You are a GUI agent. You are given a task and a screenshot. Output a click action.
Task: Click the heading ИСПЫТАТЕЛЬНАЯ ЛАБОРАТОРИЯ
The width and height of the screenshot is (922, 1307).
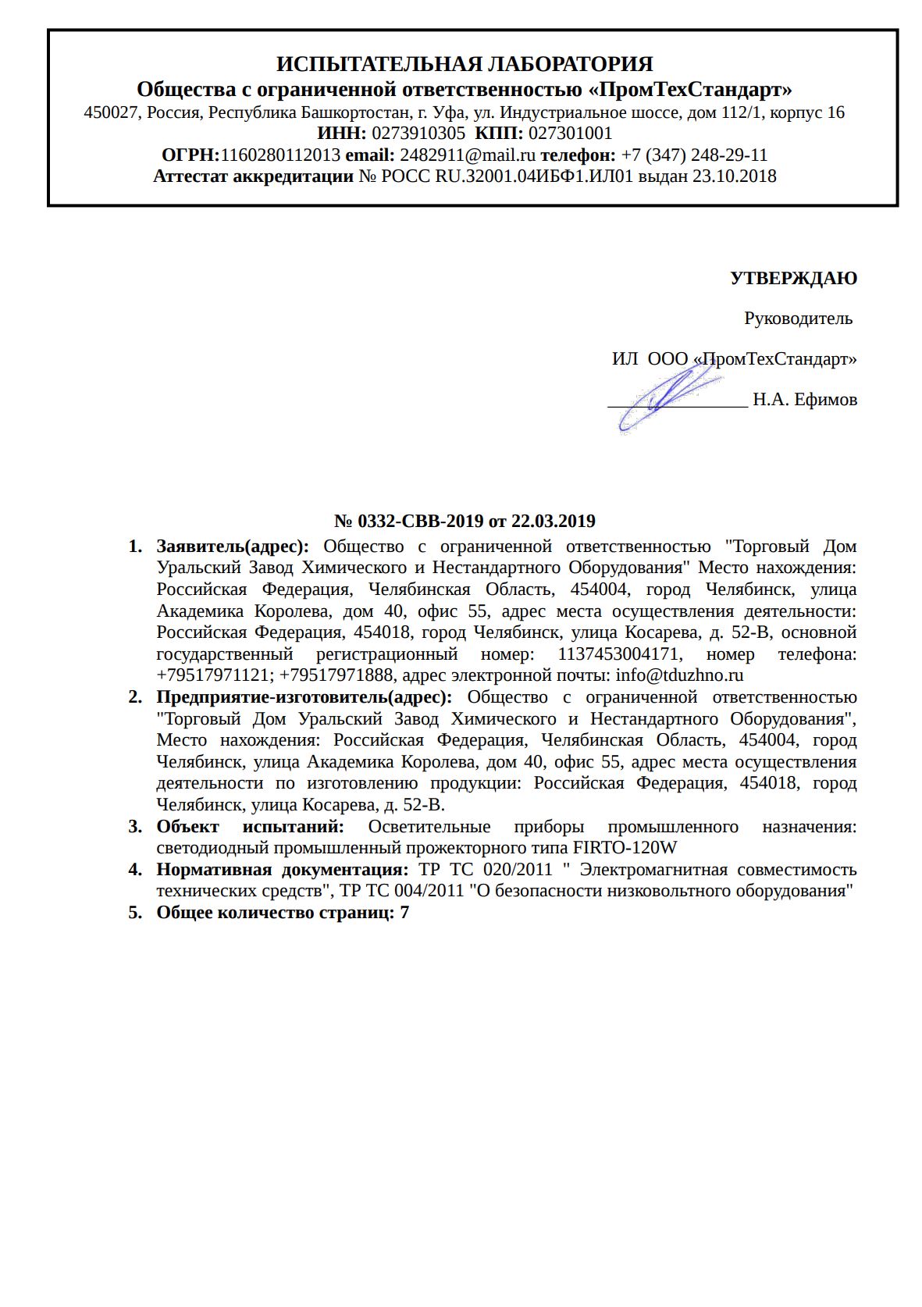coord(465,63)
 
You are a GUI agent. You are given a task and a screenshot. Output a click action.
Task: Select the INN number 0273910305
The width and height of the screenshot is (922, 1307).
coord(418,134)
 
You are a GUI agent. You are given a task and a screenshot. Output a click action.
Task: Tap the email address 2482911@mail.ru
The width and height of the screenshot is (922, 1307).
coord(468,155)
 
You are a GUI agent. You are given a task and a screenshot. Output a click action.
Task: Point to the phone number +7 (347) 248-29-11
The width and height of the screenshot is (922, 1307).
coord(694,155)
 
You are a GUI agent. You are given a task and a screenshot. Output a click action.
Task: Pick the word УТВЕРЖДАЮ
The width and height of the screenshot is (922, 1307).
coord(793,278)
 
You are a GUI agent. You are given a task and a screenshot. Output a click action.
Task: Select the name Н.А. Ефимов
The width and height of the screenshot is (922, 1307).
coord(804,400)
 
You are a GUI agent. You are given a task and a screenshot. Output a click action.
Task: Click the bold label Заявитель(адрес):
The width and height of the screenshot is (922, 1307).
coord(233,547)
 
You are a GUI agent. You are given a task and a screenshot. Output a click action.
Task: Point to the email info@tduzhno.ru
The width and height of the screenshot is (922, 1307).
coord(679,675)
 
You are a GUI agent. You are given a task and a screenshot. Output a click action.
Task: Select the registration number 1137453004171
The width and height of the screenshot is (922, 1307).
coord(618,653)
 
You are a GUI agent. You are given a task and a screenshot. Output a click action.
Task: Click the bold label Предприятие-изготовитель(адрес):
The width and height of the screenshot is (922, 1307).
coord(304,697)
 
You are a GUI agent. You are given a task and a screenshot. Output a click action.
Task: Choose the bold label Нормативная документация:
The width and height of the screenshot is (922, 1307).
coord(282,870)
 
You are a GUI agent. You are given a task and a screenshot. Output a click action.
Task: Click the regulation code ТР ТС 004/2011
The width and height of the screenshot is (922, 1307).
coord(400,891)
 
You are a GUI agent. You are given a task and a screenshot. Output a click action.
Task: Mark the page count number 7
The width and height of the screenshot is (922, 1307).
coord(404,913)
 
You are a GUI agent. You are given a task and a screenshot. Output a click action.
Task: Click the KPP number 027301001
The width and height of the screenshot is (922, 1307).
coord(570,134)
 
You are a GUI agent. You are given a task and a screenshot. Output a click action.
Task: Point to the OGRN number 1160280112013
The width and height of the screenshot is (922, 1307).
coord(280,155)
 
